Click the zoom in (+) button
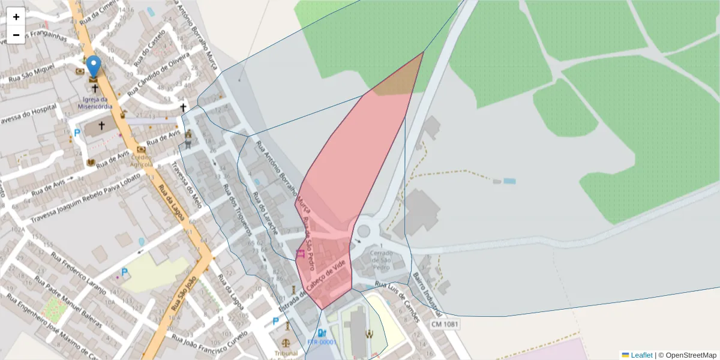pyautogui.click(x=16, y=17)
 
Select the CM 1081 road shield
pyautogui.click(x=445, y=325)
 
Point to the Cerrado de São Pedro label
pyautogui.click(x=381, y=257)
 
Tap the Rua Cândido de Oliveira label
pyautogui.click(x=166, y=72)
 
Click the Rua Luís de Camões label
pyautogui.click(x=396, y=293)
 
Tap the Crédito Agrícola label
pyautogui.click(x=142, y=161)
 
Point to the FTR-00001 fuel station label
pyautogui.click(x=322, y=342)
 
